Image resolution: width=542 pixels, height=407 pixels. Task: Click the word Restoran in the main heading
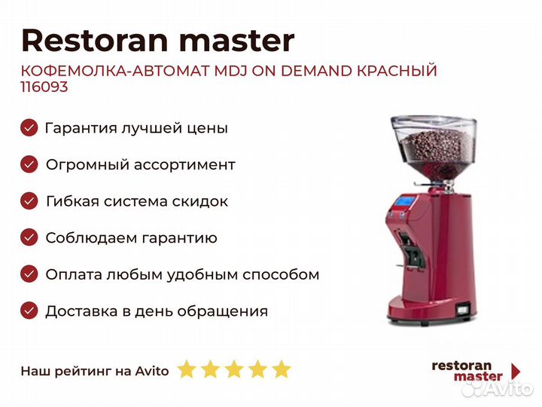pyautogui.click(x=95, y=41)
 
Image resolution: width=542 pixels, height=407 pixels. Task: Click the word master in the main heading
pyautogui.click(x=236, y=41)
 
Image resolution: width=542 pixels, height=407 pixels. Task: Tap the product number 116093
pyautogui.click(x=44, y=87)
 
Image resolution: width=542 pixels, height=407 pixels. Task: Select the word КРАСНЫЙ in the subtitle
pyautogui.click(x=397, y=71)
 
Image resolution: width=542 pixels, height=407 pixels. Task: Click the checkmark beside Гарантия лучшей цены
pyautogui.click(x=29, y=127)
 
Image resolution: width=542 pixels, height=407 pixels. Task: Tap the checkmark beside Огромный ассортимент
pyautogui.click(x=29, y=164)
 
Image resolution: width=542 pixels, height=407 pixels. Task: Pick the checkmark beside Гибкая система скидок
pyautogui.click(x=29, y=201)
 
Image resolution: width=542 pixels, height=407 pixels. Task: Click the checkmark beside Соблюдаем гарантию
pyautogui.click(x=29, y=237)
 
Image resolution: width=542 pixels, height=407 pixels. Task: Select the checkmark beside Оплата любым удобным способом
pyautogui.click(x=29, y=274)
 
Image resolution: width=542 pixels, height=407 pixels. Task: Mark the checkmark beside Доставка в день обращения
pyautogui.click(x=29, y=311)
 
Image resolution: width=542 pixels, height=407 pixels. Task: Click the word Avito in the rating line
pyautogui.click(x=152, y=371)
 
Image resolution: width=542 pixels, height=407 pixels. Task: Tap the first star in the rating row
pyautogui.click(x=187, y=369)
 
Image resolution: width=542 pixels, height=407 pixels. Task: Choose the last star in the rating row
pyautogui.click(x=282, y=369)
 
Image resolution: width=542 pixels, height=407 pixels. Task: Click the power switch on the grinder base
pyautogui.click(x=463, y=310)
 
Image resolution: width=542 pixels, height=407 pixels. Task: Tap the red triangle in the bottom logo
pyautogui.click(x=516, y=372)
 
